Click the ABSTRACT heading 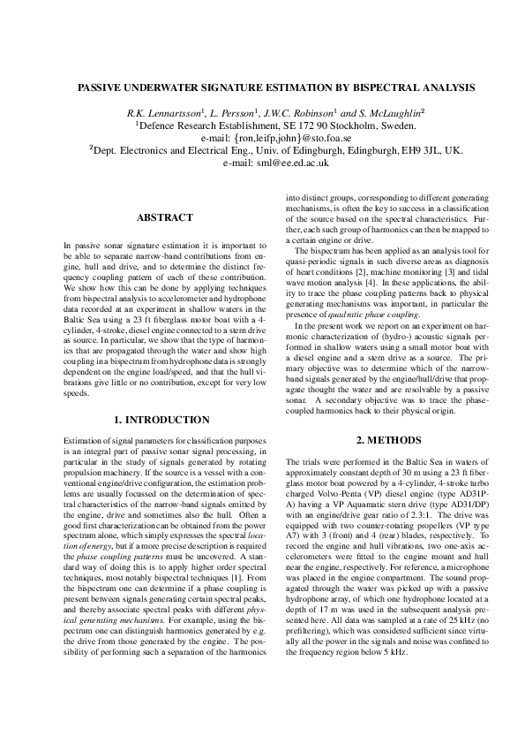[164, 217]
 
